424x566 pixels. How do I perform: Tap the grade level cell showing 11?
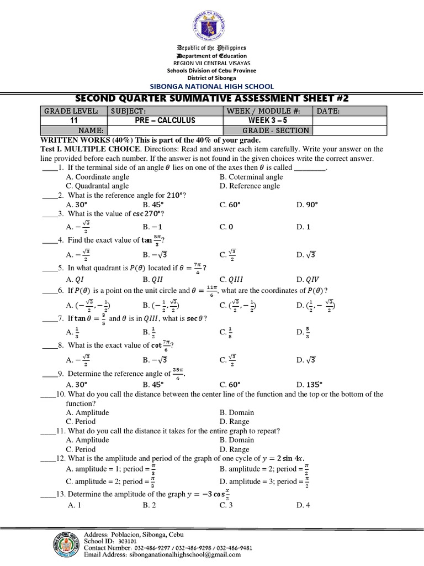point(73,120)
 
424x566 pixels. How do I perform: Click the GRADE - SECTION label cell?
point(267,130)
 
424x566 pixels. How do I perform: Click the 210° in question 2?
point(174,195)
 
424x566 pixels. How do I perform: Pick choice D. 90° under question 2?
point(308,205)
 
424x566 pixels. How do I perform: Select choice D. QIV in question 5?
point(308,279)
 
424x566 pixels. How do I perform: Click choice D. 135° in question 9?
point(310,384)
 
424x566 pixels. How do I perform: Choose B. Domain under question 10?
point(237,412)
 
